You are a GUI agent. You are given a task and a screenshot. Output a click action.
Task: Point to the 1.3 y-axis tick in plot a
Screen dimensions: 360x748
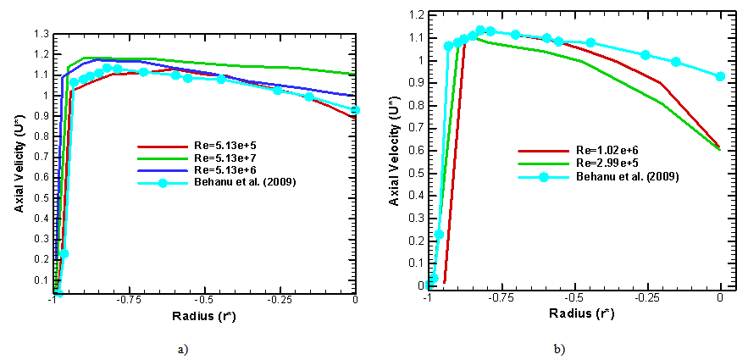point(41,34)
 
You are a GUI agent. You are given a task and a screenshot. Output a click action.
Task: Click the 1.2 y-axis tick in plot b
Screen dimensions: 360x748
point(413,15)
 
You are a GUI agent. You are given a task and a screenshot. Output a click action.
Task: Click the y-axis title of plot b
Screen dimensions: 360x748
point(394,151)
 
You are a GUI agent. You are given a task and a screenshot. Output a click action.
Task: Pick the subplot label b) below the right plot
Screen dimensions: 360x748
point(559,348)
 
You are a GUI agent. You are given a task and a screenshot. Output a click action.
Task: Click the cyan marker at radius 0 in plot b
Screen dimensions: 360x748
point(720,76)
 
